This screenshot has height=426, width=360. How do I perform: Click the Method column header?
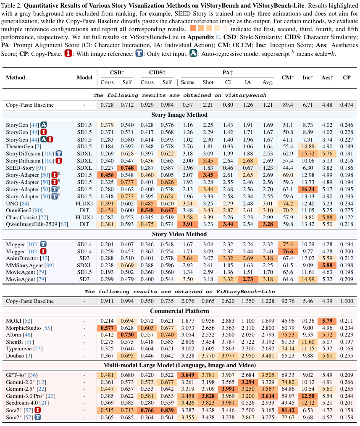[16, 77]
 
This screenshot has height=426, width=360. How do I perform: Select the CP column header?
[347, 77]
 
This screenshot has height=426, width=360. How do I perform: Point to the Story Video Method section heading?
[180, 234]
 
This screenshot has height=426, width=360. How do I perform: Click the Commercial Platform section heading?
[180, 311]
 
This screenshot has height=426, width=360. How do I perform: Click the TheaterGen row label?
[18, 146]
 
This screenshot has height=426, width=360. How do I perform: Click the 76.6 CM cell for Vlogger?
[288, 251]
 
